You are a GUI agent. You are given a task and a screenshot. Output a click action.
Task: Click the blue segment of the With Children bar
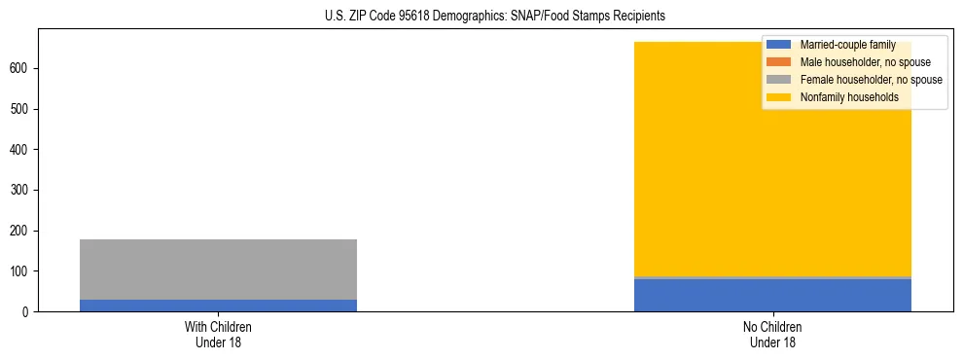(218, 306)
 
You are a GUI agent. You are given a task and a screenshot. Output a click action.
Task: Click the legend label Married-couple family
(847, 45)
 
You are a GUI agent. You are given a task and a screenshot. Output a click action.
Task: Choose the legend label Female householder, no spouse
(871, 80)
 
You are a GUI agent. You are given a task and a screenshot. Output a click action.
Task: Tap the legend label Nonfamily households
(849, 97)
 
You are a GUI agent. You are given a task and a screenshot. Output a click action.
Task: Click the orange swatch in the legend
(779, 62)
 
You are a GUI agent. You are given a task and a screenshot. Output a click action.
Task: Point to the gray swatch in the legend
(779, 80)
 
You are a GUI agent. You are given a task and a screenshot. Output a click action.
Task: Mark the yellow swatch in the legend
(779, 97)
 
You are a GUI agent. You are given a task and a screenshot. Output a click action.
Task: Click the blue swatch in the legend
(779, 45)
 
